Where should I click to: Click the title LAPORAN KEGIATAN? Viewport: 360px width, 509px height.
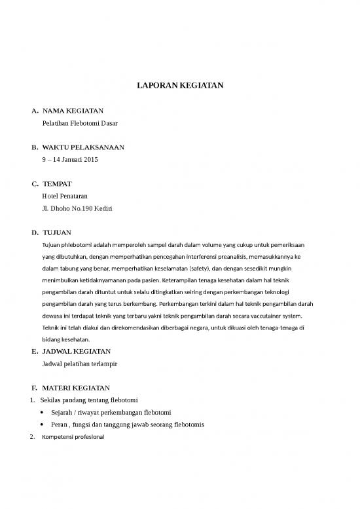179,85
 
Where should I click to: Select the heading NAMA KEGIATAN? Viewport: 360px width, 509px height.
73,111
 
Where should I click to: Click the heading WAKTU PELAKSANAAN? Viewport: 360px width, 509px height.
83,147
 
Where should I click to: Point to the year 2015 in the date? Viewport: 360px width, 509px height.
90,159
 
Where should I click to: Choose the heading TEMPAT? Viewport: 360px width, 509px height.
57,184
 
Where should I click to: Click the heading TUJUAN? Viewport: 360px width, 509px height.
57,233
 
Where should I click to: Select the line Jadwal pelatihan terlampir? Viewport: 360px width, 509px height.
80,362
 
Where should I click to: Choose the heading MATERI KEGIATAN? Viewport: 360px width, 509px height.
75,388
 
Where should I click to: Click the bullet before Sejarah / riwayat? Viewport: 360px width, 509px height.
43,413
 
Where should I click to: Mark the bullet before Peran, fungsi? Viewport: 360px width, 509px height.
43,424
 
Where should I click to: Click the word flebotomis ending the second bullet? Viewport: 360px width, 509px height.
189,424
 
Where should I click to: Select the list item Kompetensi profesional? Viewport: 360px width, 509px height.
72,436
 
